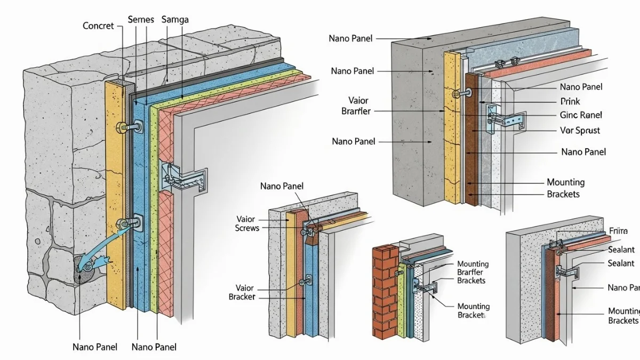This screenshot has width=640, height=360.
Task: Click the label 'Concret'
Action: pyautogui.click(x=98, y=25)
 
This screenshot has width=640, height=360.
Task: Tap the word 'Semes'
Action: pyautogui.click(x=141, y=20)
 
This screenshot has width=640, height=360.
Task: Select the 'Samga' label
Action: pyautogui.click(x=174, y=20)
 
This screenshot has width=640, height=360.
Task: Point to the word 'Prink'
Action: pyautogui.click(x=570, y=101)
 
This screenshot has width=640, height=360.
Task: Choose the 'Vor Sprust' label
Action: pyautogui.click(x=580, y=130)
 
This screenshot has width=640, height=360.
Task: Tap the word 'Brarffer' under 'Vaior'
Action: pyautogui.click(x=356, y=111)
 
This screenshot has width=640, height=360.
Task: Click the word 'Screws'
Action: pyautogui.click(x=247, y=228)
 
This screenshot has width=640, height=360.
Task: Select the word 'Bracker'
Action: pyautogui.click(x=242, y=297)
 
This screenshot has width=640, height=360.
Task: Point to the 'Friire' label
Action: pyautogui.click(x=618, y=231)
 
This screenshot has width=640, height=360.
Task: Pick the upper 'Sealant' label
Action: pyautogui.click(x=621, y=250)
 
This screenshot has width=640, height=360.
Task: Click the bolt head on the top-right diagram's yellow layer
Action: pyautogui.click(x=456, y=94)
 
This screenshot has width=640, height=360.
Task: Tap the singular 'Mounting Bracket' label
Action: pyautogui.click(x=473, y=311)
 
